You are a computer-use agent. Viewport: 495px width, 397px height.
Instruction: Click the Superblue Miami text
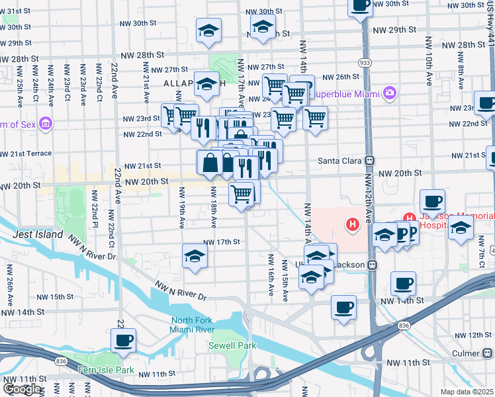click(342, 93)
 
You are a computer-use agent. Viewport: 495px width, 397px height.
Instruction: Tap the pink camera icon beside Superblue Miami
click(390, 93)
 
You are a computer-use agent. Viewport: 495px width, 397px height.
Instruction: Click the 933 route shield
click(364, 62)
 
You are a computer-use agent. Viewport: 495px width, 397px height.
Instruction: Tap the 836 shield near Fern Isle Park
click(61, 361)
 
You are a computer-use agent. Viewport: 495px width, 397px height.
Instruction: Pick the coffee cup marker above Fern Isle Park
click(123, 341)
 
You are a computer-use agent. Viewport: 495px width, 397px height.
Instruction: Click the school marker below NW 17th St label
click(195, 256)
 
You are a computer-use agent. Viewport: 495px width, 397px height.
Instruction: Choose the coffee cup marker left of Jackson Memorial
click(432, 201)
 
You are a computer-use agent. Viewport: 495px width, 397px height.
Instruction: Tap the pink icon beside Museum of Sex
click(45, 123)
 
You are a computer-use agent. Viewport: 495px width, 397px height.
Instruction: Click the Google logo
click(22, 390)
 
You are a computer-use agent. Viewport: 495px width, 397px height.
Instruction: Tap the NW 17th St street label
click(220, 242)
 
